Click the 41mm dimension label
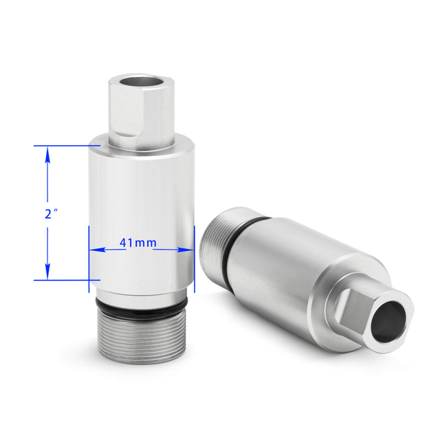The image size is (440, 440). pyautogui.click(x=137, y=243)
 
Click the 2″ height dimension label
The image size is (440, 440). pyautogui.click(x=51, y=214)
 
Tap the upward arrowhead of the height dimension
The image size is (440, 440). pyautogui.click(x=47, y=155)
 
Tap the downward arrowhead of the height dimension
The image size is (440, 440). pyautogui.click(x=47, y=272)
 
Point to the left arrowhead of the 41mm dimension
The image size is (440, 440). pyautogui.click(x=98, y=250)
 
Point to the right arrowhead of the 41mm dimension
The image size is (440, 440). pyautogui.click(x=186, y=250)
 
